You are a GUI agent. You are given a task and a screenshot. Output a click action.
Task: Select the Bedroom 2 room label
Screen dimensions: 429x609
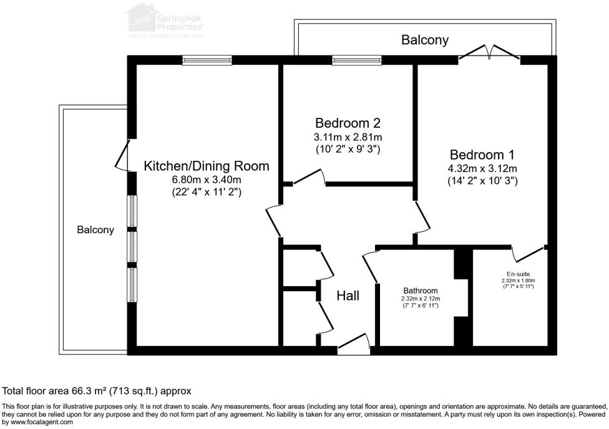coord(348,123)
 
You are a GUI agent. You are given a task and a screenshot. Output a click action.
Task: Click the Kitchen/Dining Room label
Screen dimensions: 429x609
coord(207,166)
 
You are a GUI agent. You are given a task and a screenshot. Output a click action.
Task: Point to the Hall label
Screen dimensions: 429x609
coord(348,296)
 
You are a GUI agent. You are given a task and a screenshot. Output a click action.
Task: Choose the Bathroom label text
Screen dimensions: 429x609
coord(420,291)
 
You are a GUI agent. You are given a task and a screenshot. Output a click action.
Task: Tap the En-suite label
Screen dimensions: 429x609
coord(518,274)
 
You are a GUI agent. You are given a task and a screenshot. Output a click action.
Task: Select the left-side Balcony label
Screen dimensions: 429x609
coord(95,229)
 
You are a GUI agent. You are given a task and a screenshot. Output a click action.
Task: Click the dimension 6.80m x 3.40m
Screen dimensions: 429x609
coord(207,180)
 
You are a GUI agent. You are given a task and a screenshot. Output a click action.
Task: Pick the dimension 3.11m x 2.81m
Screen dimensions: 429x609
coord(348,137)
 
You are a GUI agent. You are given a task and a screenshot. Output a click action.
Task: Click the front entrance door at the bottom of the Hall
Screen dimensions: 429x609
coord(353,343)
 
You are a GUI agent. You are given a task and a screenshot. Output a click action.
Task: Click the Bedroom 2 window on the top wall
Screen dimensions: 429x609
coord(357,60)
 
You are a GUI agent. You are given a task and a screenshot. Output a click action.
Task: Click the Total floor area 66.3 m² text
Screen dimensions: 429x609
coord(97,391)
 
